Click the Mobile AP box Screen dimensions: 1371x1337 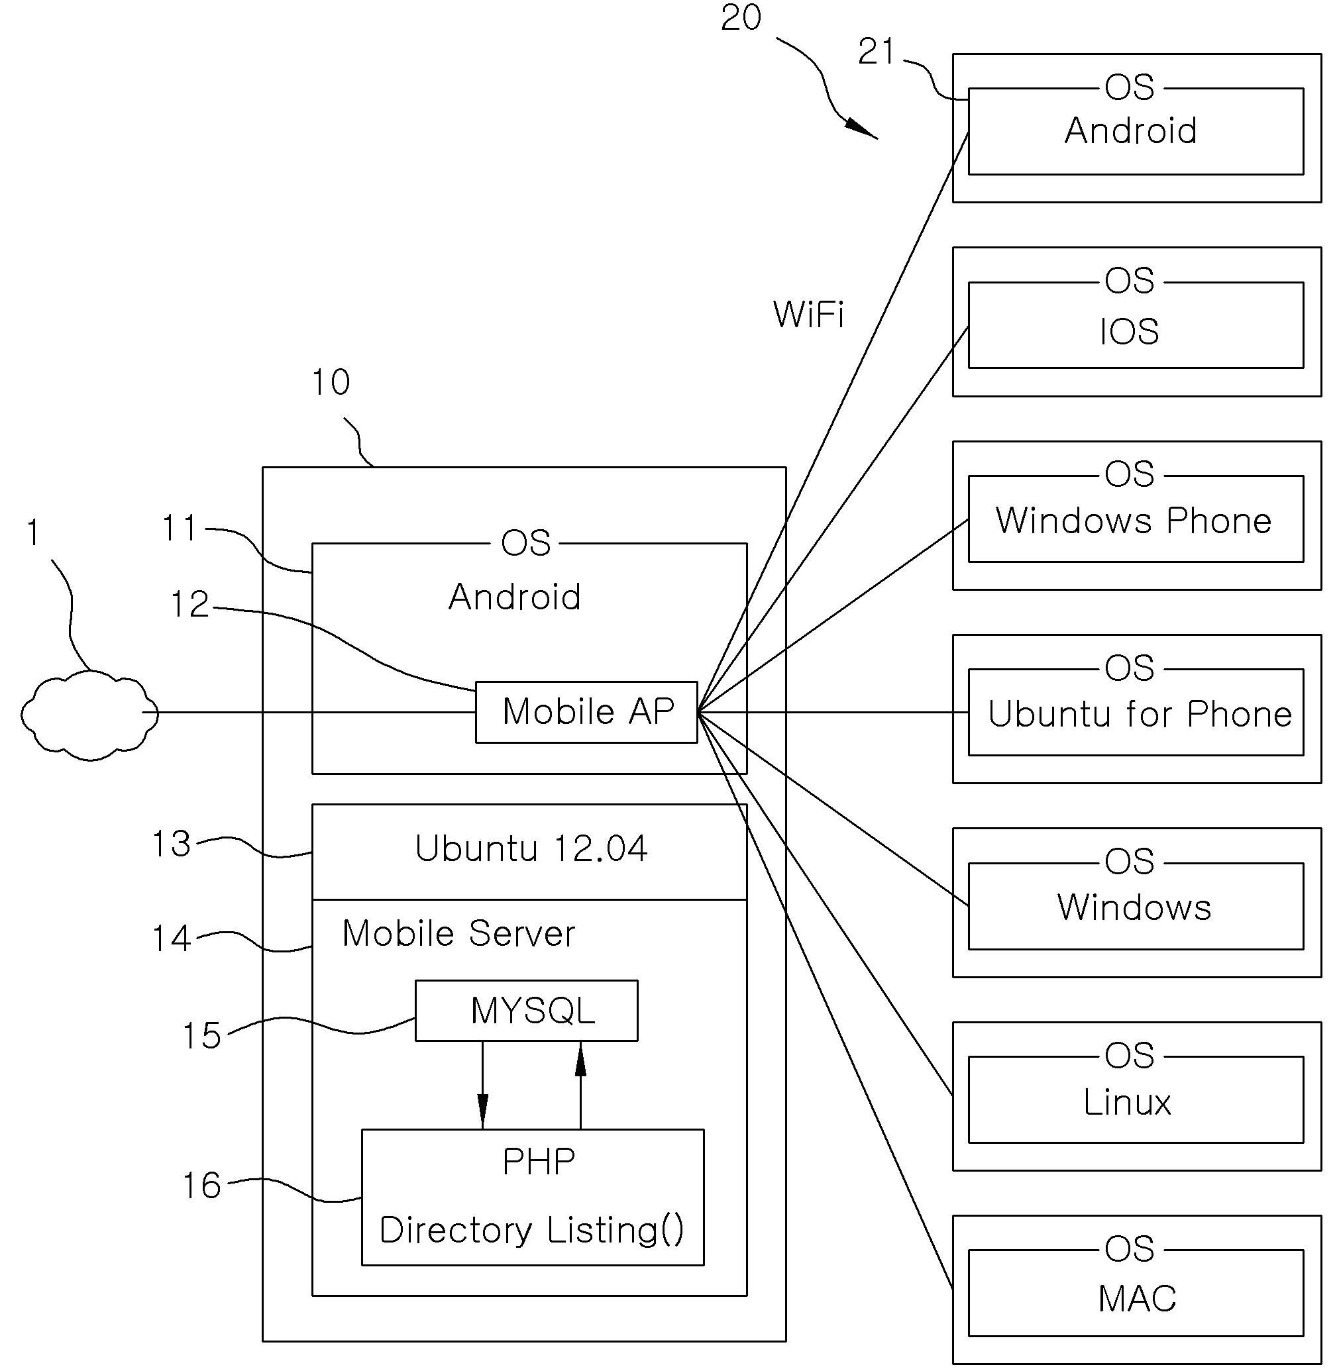point(586,712)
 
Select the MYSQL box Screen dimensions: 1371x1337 point(527,1011)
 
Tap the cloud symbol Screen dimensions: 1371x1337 point(89,715)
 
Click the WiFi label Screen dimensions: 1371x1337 point(808,314)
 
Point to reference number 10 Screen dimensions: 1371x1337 point(330,383)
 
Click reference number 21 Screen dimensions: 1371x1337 point(877,52)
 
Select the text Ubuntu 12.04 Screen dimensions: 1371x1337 point(531,848)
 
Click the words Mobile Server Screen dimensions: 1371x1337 point(458,934)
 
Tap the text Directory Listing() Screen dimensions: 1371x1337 point(531,1230)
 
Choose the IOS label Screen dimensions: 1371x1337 point(1129,331)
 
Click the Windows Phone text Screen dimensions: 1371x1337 point(1134,521)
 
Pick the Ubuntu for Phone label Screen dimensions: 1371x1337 point(1140,714)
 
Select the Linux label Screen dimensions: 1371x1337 point(1127,1102)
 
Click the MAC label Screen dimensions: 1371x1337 point(1137,1298)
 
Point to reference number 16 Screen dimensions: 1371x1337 point(201,1186)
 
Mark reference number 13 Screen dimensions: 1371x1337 point(172,844)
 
